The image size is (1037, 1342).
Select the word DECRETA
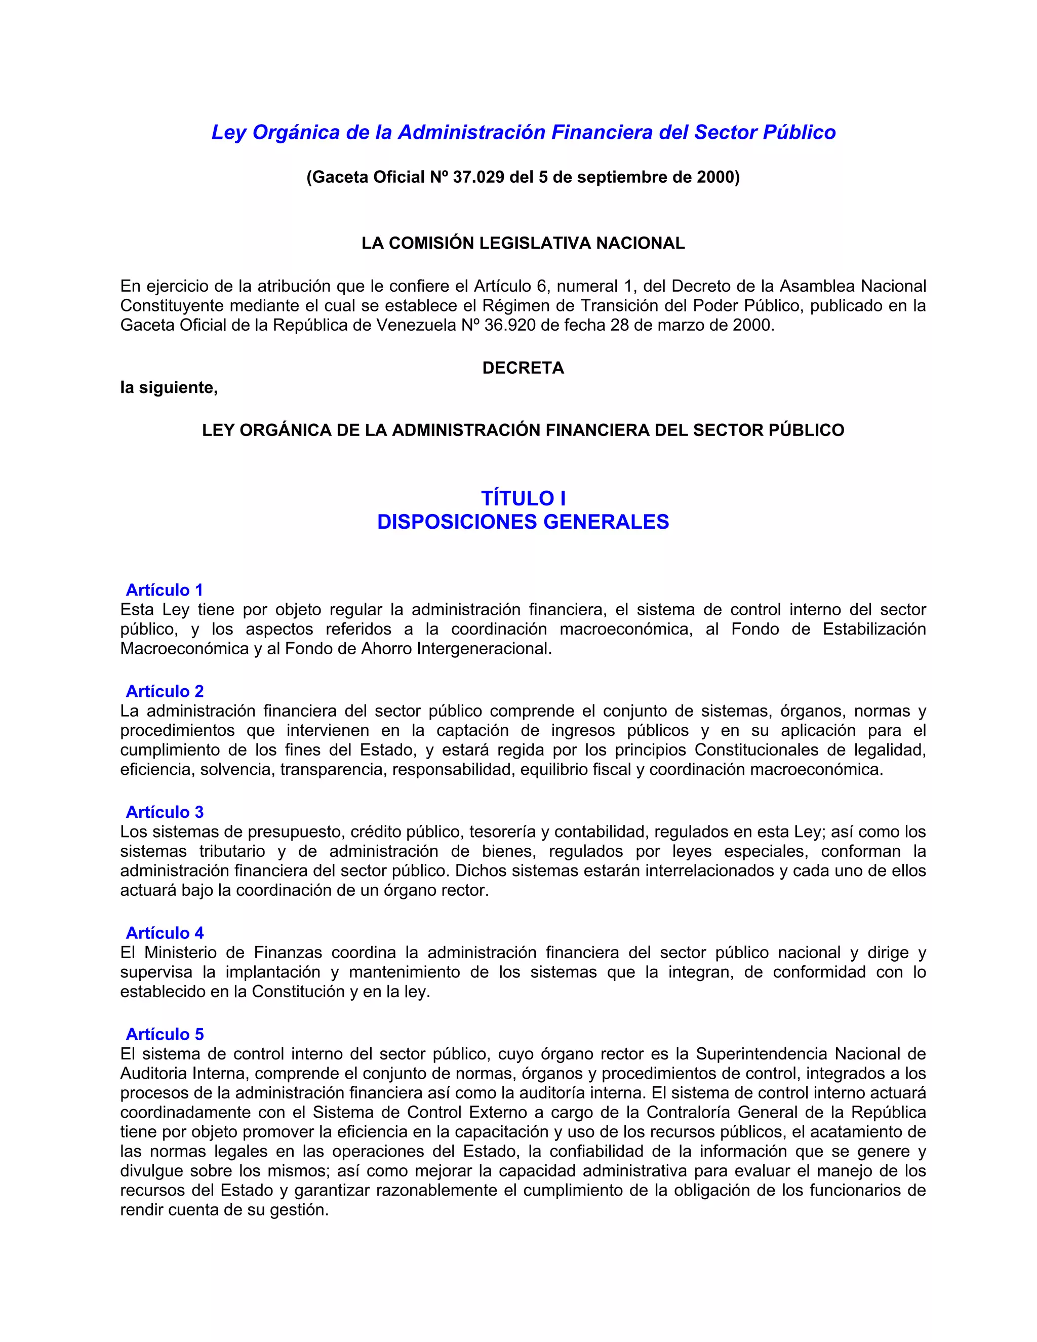tap(523, 368)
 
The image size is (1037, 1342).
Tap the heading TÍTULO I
tap(523, 498)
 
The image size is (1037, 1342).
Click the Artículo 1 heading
tap(164, 590)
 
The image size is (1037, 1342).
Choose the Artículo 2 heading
tap(165, 691)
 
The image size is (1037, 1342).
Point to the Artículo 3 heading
tap(165, 812)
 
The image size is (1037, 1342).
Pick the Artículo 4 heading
tap(165, 933)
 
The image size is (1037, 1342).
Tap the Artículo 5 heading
tap(165, 1034)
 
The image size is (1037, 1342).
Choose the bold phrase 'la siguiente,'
tap(169, 388)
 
